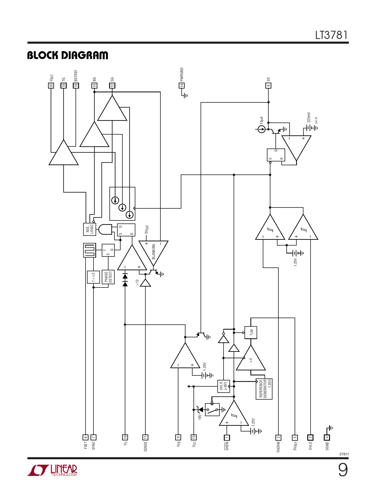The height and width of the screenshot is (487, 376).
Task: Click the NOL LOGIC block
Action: tap(90, 229)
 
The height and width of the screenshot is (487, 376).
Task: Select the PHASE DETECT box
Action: tap(108, 277)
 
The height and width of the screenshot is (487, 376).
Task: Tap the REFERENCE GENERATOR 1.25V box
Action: tap(264, 389)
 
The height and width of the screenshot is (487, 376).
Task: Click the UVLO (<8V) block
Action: tap(224, 386)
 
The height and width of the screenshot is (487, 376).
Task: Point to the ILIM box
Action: tap(251, 332)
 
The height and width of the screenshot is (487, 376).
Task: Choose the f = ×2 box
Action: tap(93, 277)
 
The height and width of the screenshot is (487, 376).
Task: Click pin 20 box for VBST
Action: tap(51, 86)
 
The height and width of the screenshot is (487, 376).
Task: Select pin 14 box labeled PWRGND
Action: tap(182, 86)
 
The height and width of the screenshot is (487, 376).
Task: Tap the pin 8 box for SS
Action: tap(268, 86)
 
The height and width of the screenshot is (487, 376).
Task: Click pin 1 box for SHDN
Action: tap(227, 437)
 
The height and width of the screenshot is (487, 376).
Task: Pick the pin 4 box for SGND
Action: tap(327, 437)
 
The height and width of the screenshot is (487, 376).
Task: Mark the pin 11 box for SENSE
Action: tap(145, 437)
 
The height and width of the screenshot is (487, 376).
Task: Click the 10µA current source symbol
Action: tap(262, 129)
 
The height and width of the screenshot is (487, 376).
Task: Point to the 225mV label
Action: tap(309, 117)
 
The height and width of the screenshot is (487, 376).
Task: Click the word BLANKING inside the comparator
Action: tap(154, 252)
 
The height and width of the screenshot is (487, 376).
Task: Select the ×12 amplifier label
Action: tap(137, 283)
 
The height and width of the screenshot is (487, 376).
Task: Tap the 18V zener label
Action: tap(200, 417)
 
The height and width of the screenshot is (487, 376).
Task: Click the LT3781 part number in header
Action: tap(331, 35)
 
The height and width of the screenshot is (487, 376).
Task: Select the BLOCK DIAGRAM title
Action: tap(68, 55)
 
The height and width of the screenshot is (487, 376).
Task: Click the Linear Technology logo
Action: tap(52, 470)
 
